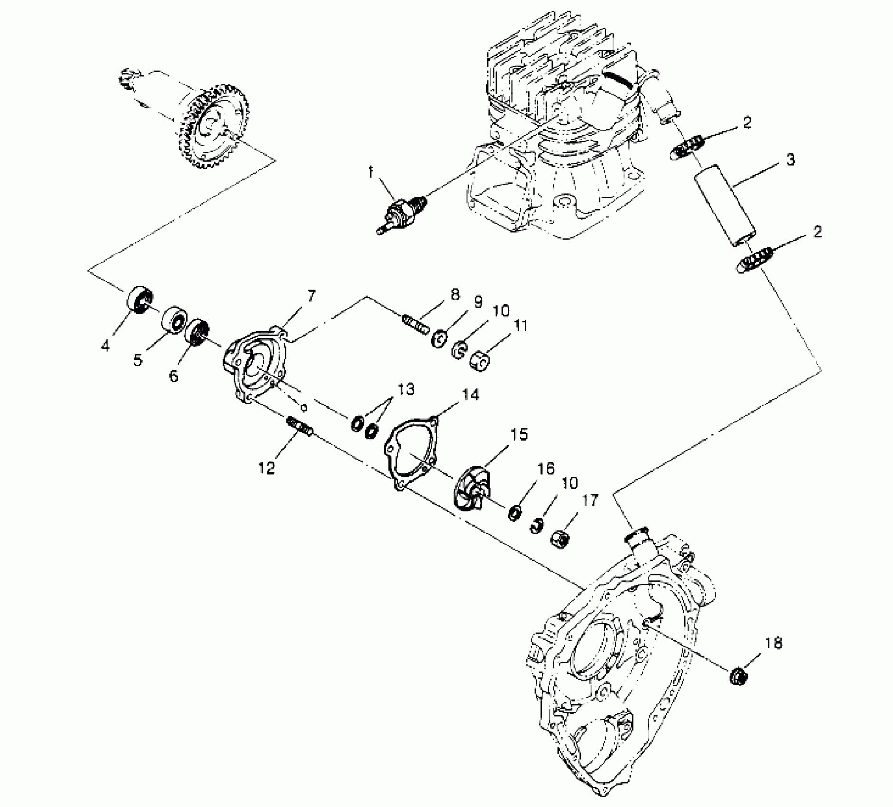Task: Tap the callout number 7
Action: click(x=311, y=296)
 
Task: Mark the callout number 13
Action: click(x=406, y=389)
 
